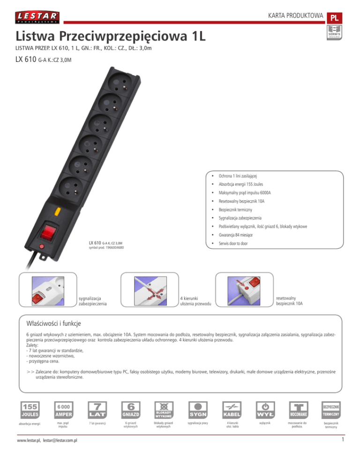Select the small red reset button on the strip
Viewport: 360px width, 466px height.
pyautogui.click(x=41, y=246)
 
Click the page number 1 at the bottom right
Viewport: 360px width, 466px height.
pyautogui.click(x=343, y=453)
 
